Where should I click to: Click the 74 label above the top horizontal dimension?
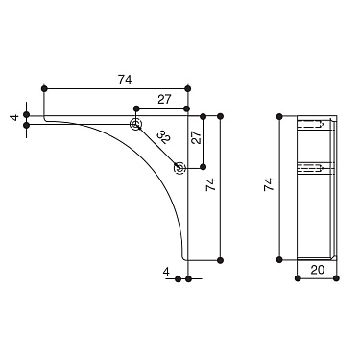point(125,80)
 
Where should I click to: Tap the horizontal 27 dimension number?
point(164,100)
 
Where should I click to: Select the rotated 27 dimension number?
point(198,137)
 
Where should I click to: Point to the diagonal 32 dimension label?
point(165,136)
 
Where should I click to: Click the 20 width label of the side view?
point(318,270)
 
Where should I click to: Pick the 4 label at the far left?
point(15,117)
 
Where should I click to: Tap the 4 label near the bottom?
point(166,272)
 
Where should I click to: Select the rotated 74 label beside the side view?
point(269,184)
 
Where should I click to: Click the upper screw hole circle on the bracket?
point(135,124)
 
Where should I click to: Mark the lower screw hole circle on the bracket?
point(180,167)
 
